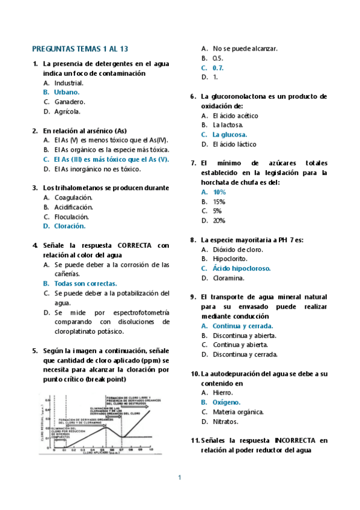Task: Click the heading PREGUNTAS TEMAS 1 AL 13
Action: (80, 49)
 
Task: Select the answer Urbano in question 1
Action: (67, 92)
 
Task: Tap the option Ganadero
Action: (70, 102)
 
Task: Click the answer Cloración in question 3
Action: (70, 226)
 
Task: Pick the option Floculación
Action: (72, 217)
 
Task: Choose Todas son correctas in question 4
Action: (85, 283)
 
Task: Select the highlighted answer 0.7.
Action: (218, 68)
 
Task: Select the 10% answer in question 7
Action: (219, 192)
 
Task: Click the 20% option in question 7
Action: (219, 221)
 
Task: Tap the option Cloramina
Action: (228, 278)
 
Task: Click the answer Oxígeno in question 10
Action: (227, 402)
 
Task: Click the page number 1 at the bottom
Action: (179, 478)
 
